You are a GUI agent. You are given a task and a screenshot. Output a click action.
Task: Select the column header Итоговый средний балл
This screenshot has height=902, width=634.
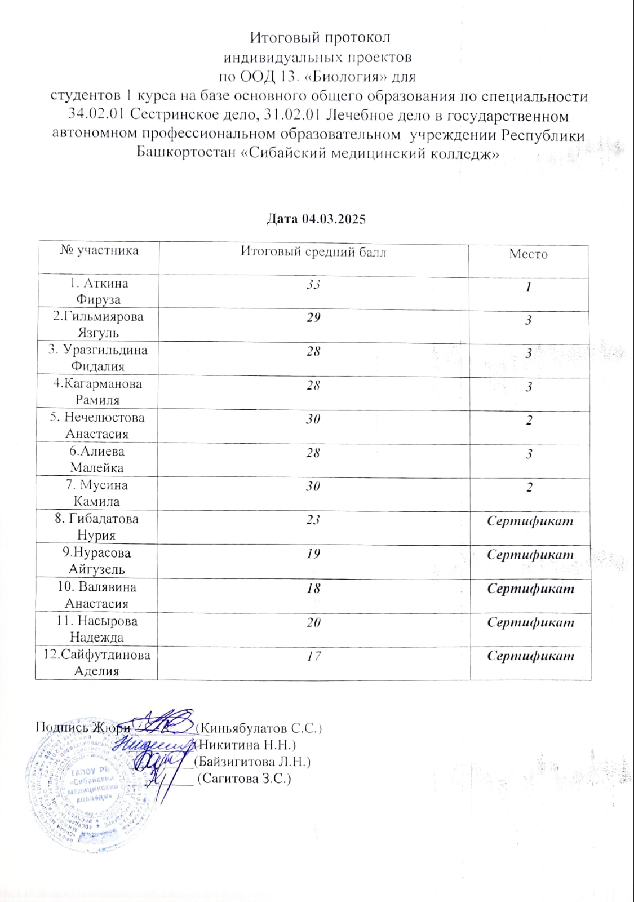313,251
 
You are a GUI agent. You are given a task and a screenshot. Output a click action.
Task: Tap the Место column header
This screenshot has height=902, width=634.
528,254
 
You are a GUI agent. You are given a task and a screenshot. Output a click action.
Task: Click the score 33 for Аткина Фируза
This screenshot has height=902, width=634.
313,284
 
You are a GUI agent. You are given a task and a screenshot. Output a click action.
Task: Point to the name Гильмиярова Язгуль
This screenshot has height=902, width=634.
98,324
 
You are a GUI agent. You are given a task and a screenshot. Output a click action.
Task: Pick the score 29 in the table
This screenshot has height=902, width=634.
313,317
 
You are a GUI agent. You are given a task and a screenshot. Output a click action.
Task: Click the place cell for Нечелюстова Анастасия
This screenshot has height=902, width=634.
529,421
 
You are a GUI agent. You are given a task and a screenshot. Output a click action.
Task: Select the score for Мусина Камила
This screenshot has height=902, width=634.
313,486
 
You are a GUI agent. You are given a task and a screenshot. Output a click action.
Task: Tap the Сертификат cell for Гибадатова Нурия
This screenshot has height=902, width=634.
530,521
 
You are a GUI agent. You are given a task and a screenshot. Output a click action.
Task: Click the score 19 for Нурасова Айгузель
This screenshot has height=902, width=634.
313,554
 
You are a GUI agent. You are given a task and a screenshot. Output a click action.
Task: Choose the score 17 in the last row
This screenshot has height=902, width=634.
313,656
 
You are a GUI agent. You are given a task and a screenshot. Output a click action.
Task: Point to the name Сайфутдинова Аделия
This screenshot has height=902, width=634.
97,662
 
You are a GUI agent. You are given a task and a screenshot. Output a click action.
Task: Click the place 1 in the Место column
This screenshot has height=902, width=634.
529,287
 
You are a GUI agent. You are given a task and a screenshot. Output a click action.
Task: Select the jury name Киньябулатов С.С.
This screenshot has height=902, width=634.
261,728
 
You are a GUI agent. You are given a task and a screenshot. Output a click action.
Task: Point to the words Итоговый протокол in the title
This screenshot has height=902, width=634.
320,37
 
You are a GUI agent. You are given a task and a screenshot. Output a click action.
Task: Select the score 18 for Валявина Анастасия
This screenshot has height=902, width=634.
313,588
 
